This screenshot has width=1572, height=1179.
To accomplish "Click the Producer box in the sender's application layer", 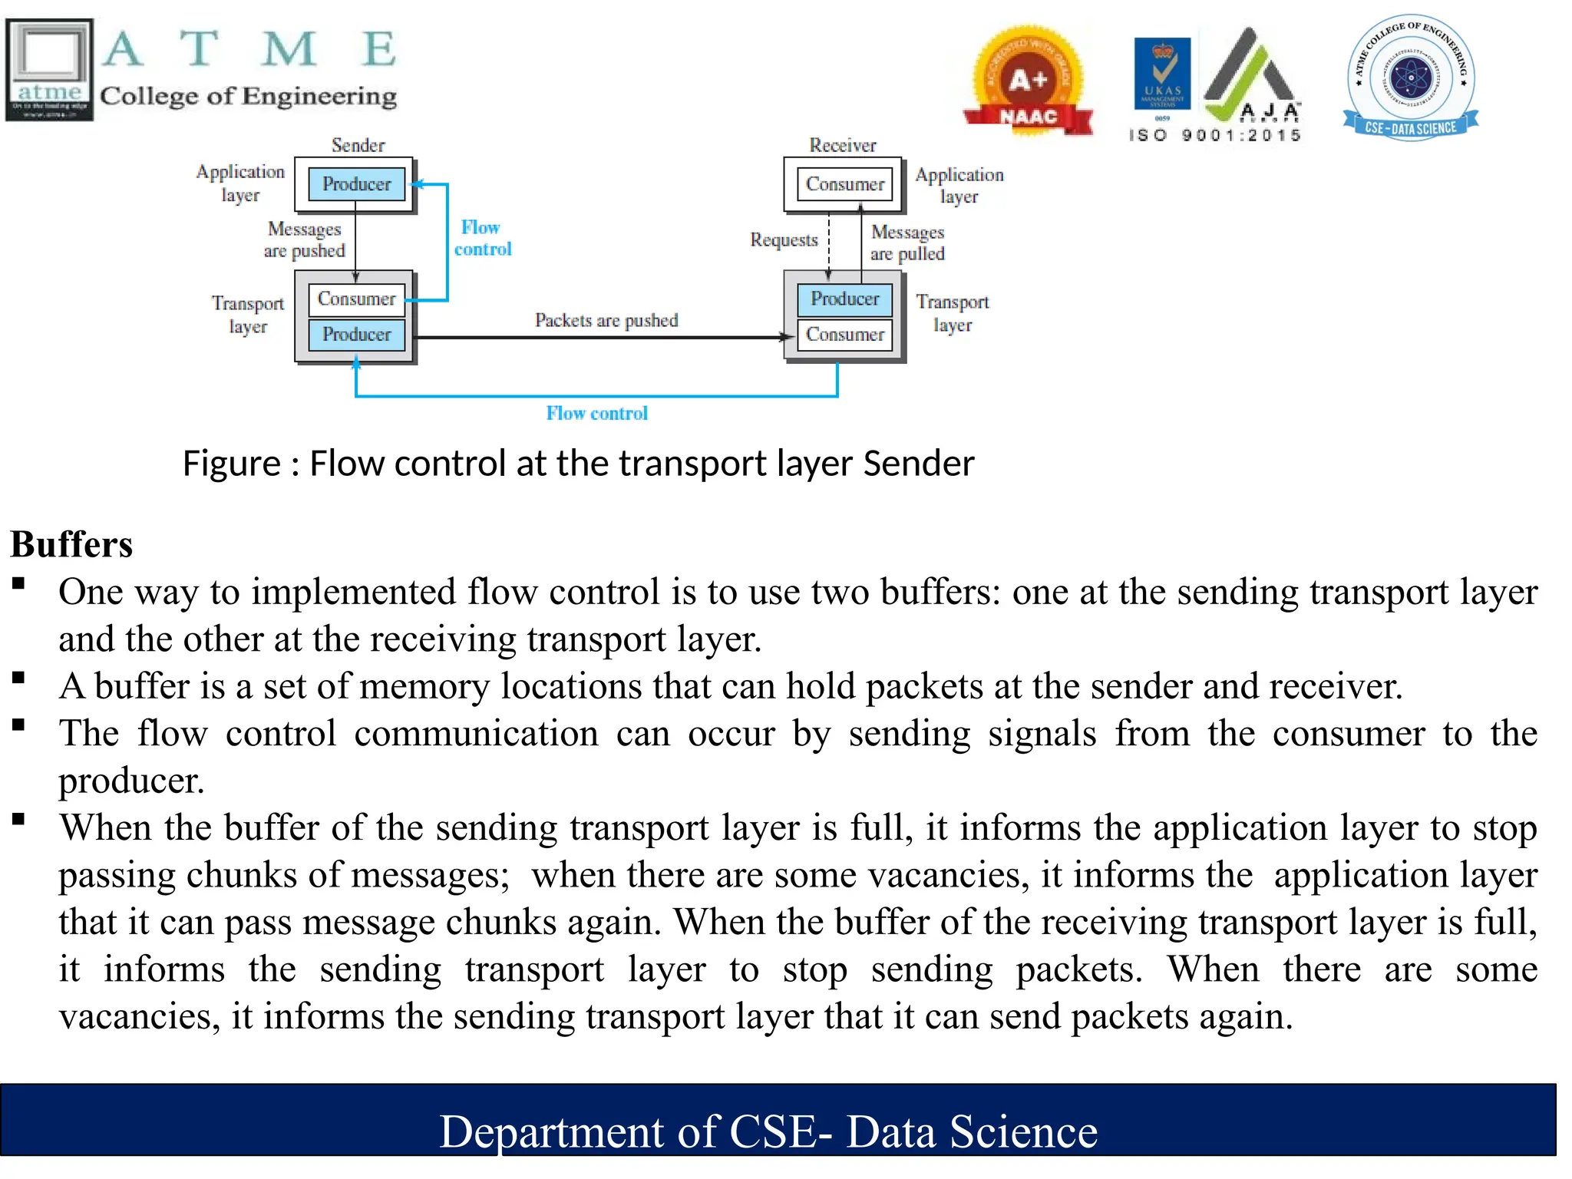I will point(356,184).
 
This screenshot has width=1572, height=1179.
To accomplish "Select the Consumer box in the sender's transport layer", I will point(356,299).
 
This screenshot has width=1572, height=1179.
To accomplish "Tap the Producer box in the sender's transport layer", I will point(356,335).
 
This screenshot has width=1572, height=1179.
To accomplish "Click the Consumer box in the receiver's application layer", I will point(844,184).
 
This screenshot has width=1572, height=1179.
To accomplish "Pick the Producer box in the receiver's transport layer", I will point(844,299).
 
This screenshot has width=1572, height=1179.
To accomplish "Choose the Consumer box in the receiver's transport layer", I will point(844,335).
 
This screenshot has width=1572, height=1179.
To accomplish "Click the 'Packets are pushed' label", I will point(606,320).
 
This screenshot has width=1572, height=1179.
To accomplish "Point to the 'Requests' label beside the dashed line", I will point(784,240).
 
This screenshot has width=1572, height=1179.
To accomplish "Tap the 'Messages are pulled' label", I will point(907,243).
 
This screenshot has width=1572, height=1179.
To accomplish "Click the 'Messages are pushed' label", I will point(305,239).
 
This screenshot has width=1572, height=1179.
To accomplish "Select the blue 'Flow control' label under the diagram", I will point(596,414).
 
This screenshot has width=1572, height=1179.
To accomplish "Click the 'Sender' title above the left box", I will point(358,145).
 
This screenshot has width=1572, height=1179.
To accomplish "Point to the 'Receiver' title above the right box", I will point(842,145).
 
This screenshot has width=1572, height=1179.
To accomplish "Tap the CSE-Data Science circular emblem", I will point(1411,77).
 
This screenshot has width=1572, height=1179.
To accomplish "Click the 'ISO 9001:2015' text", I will point(1215,136).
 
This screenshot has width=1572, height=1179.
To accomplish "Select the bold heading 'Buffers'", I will point(71,544).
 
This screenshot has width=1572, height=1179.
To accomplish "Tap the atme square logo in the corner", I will point(49,69).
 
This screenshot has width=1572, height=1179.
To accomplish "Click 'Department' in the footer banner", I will point(551,1131).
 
